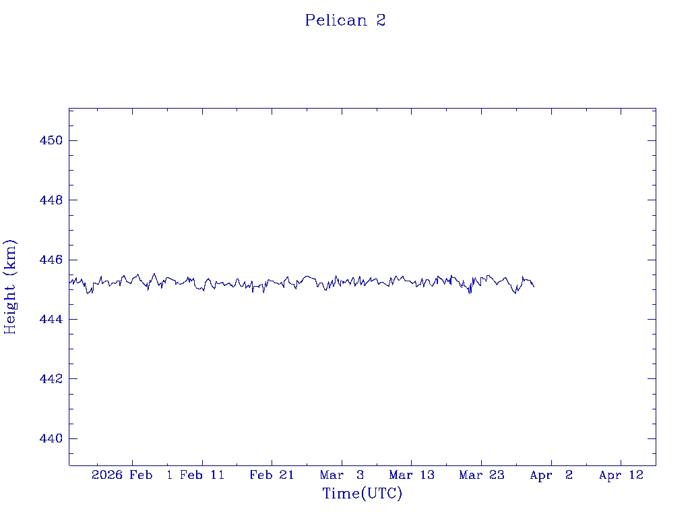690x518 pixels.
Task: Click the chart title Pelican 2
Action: coord(345,20)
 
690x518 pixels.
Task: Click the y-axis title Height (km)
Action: coord(10,287)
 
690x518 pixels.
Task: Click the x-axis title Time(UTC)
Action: coord(363,494)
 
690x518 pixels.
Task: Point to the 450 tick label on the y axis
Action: coord(51,140)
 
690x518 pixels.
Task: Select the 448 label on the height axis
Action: coord(51,200)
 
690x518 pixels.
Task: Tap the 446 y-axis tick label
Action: coord(51,260)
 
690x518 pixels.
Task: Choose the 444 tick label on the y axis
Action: coord(51,319)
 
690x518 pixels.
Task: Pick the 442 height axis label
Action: coord(51,379)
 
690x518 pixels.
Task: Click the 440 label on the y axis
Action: coord(51,438)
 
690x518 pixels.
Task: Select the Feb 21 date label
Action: coord(272,475)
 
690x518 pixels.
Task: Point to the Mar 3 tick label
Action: coord(342,475)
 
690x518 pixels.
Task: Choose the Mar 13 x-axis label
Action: coord(411,475)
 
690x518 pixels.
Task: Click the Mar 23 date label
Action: coord(481,475)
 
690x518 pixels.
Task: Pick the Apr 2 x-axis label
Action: coord(551,475)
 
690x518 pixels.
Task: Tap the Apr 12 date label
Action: coord(621,475)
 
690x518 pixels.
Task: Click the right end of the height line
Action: coord(534,287)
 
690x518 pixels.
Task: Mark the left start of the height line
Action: coord(69,283)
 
